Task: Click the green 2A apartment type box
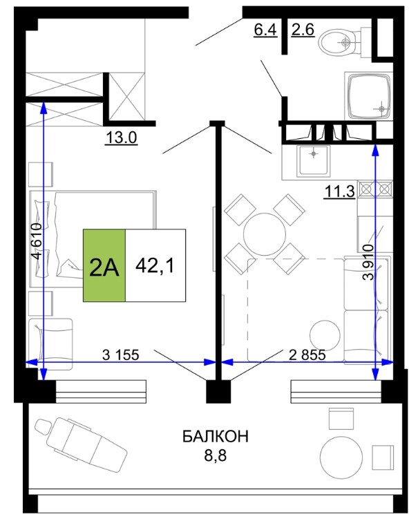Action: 104,265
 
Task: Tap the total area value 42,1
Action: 155,265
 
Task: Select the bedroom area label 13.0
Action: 121,138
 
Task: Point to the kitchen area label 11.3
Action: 339,191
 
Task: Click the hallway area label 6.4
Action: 265,30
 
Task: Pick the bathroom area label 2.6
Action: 303,30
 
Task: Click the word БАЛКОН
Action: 216,437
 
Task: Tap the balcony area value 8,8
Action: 215,455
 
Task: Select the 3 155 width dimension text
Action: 121,355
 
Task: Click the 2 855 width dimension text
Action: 307,355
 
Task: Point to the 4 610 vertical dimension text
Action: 37,241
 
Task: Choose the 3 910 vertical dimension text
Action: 368,262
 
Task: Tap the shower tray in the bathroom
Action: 369,96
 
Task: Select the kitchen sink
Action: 313,161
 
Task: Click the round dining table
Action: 265,234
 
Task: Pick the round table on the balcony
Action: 341,457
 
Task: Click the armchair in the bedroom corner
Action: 50,344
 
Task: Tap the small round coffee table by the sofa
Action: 325,335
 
